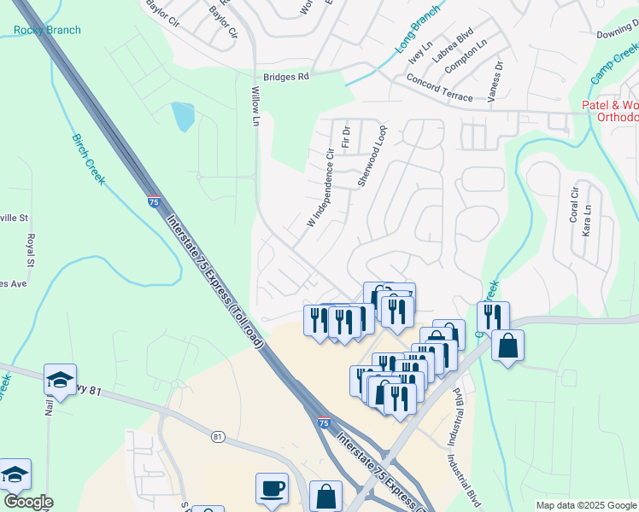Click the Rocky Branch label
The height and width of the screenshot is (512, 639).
[x=47, y=31]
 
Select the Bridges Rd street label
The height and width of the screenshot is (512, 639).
[x=285, y=77]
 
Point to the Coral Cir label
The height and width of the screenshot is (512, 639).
[x=574, y=203]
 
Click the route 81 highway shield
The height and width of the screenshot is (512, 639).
[x=219, y=437]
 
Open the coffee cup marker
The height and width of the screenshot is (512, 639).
[x=272, y=488]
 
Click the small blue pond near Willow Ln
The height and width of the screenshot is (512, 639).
[x=182, y=117]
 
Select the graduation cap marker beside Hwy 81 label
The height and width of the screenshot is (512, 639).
[x=60, y=379]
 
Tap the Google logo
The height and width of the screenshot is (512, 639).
[x=27, y=502]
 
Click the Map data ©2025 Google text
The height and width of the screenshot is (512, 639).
[x=585, y=505]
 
